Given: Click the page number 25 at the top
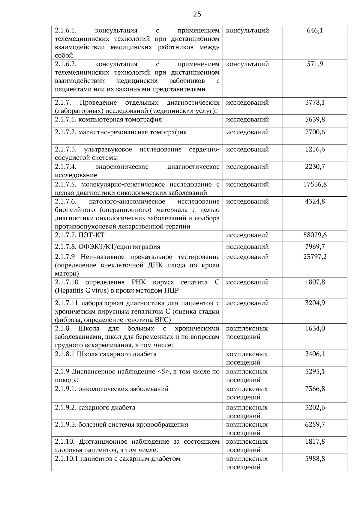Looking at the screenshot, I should (x=197, y=14).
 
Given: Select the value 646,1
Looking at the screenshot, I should (x=315, y=30).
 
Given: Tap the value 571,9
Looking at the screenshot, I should (x=315, y=64).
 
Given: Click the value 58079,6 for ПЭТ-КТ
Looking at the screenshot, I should (x=315, y=235).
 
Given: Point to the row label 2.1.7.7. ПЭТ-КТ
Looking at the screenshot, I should (x=80, y=235).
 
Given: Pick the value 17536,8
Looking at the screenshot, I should (x=315, y=184).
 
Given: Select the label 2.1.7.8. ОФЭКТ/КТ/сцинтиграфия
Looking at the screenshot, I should (x=108, y=247).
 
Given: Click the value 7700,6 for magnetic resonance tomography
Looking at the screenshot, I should (x=315, y=132).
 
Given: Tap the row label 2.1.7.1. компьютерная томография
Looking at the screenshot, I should (x=108, y=120).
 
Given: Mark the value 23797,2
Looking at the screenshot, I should (x=315, y=257).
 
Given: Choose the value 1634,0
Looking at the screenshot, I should (x=315, y=328).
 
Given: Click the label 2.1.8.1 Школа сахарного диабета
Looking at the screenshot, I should (x=106, y=354).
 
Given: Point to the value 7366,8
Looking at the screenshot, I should (x=315, y=389).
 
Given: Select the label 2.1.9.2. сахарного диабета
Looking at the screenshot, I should (x=95, y=407).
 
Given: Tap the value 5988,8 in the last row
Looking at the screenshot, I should (x=315, y=459).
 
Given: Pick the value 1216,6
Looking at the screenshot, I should (x=315, y=149).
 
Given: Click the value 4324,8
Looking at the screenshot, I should (x=315, y=201).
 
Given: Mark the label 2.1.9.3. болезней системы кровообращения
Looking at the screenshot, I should (x=121, y=424).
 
